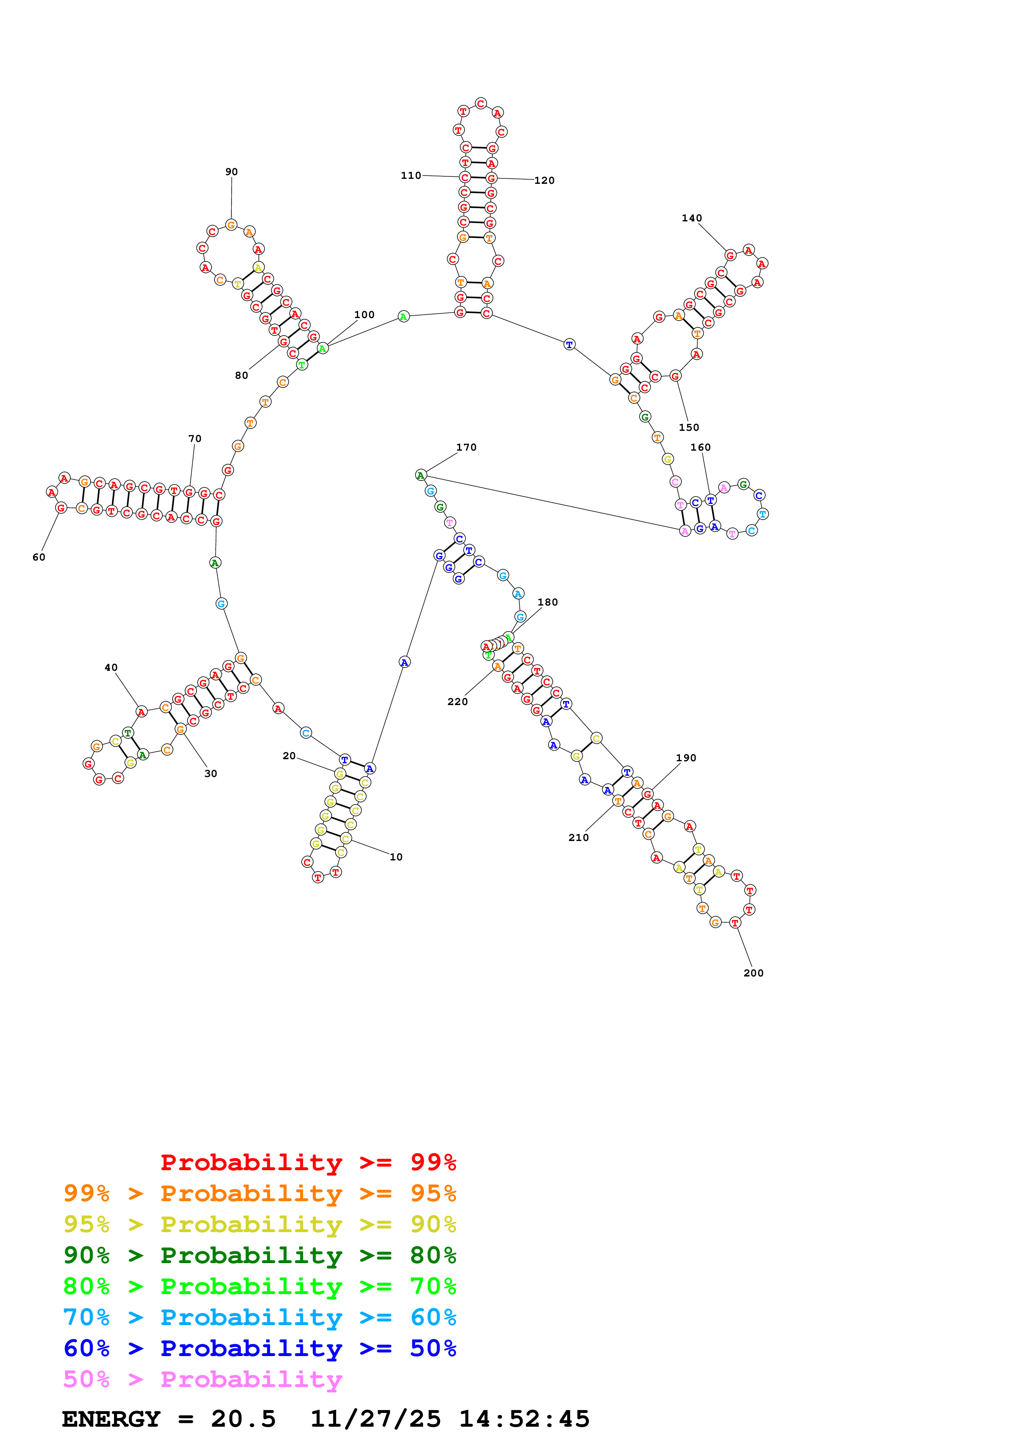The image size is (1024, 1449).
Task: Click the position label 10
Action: (396, 857)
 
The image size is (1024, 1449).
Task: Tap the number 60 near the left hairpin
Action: (39, 557)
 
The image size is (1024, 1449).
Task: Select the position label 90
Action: (232, 172)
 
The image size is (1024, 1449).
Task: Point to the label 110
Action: (411, 176)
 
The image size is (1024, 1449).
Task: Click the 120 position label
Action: (544, 181)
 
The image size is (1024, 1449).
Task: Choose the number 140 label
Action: (691, 219)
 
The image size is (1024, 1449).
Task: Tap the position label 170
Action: (466, 447)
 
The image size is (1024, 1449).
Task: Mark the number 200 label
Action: (753, 973)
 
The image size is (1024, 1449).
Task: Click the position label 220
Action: (457, 702)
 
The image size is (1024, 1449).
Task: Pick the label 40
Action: (111, 667)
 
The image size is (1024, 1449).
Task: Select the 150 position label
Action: (689, 427)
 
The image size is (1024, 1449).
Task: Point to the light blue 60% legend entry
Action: (259, 1317)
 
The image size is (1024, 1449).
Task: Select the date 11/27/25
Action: (375, 1419)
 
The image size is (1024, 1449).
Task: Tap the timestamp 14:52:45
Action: (524, 1419)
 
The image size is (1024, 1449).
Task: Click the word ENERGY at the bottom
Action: (111, 1419)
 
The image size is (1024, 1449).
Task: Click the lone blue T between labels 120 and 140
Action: (569, 344)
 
